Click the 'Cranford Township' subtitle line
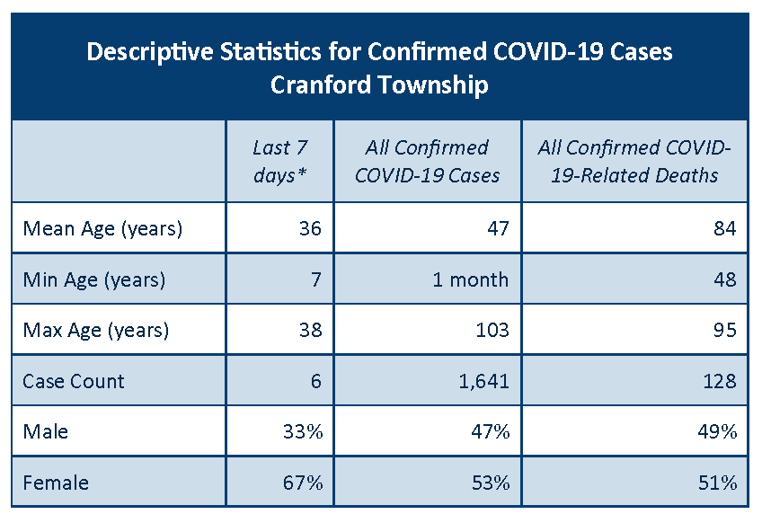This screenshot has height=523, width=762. pyautogui.click(x=379, y=85)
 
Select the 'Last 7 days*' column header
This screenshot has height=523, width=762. pyautogui.click(x=280, y=161)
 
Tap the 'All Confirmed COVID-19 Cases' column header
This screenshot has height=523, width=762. pyautogui.click(x=427, y=161)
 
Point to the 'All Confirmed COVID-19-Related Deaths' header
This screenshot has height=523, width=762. pyautogui.click(x=634, y=161)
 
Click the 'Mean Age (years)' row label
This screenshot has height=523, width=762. pyautogui.click(x=102, y=228)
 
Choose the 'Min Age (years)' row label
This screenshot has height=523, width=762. pyautogui.click(x=94, y=280)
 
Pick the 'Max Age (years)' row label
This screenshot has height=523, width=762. pyautogui.click(x=96, y=331)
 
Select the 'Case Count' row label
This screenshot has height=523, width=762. pyautogui.click(x=74, y=381)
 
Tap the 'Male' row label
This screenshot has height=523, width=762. pyautogui.click(x=45, y=431)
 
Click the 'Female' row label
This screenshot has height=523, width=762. pyautogui.click(x=56, y=483)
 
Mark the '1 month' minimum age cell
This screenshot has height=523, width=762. pyautogui.click(x=471, y=280)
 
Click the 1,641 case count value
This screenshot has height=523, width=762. pyautogui.click(x=484, y=381)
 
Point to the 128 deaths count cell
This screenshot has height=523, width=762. pyautogui.click(x=720, y=381)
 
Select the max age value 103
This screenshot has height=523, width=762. pyautogui.click(x=492, y=331)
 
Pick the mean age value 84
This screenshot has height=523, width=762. pyautogui.click(x=725, y=228)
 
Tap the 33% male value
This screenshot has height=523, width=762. pyautogui.click(x=303, y=431)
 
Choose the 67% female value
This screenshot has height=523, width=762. pyautogui.click(x=303, y=483)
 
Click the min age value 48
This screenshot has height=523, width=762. pyautogui.click(x=725, y=280)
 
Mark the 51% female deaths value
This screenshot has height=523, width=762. pyautogui.click(x=718, y=483)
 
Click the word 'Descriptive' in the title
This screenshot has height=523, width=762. pyautogui.click(x=150, y=52)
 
